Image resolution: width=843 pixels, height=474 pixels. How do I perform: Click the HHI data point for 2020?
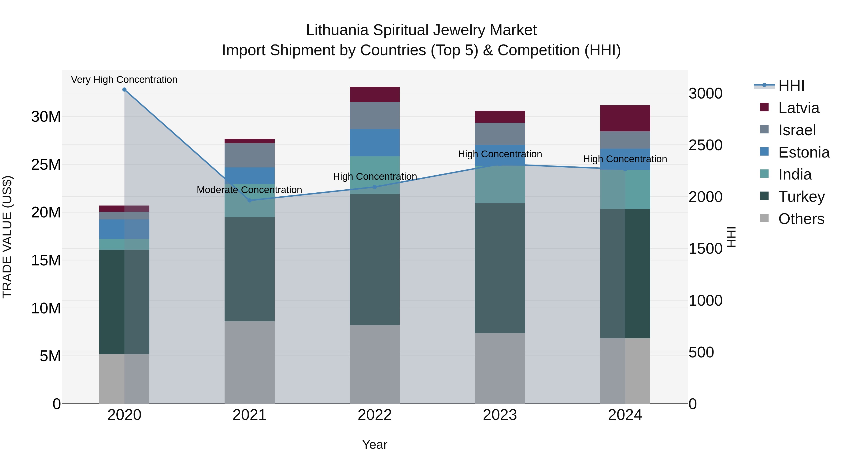124,90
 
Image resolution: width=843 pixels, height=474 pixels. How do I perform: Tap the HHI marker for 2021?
249,200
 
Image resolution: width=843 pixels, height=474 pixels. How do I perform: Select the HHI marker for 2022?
375,187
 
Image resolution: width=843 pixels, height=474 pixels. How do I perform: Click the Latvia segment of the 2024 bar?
625,118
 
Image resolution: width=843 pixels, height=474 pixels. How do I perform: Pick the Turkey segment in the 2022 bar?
375,259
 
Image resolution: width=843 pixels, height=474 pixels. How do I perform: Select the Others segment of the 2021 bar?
249,362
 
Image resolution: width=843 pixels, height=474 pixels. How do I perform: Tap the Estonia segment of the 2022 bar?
375,143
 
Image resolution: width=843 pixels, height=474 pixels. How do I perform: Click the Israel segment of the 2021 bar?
249,155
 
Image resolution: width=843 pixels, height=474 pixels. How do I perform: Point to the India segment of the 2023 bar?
500,184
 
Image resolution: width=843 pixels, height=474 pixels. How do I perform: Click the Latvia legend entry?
799,108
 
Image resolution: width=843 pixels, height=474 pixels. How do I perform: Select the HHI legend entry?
791,86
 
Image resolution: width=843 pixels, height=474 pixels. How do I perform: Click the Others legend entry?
801,219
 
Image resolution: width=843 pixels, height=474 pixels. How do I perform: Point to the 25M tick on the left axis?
46,165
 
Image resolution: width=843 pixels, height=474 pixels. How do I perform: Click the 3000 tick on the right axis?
706,94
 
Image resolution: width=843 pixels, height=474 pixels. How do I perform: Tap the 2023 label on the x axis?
500,415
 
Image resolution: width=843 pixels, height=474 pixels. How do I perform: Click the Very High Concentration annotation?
124,80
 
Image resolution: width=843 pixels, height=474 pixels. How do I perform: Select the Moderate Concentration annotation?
249,190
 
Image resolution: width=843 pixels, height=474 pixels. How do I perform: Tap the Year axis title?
375,445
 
